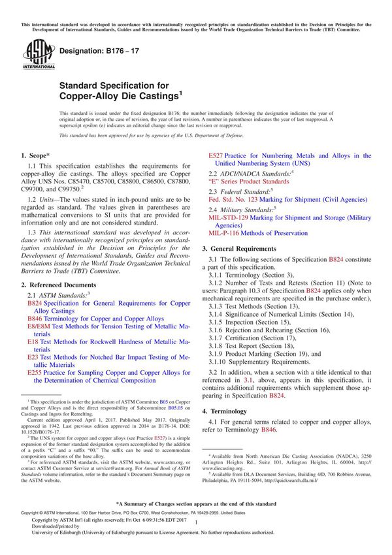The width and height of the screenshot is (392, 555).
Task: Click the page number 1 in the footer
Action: [x=196, y=533]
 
